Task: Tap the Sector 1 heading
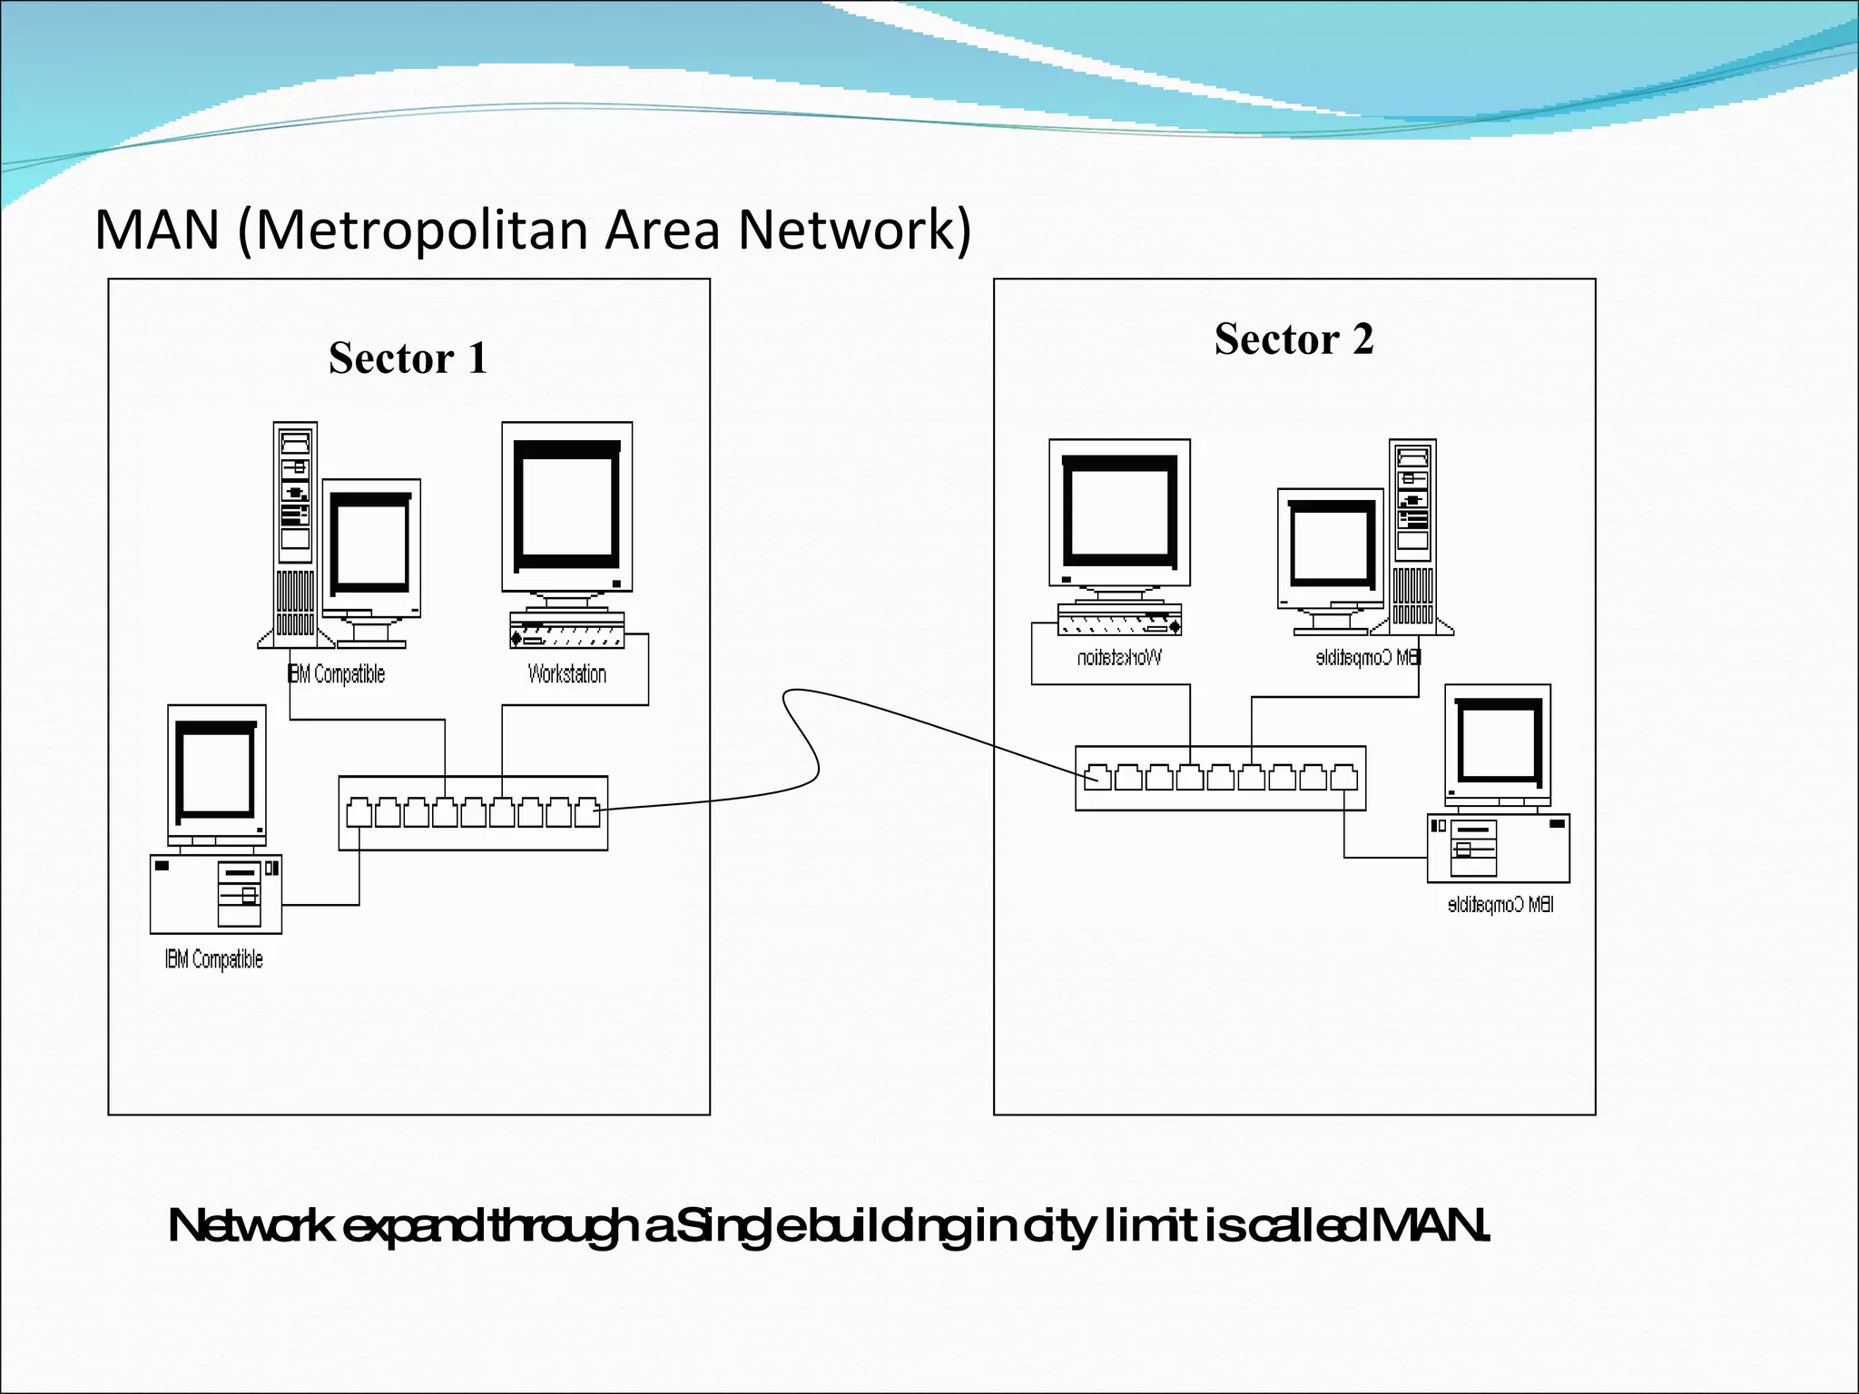pos(408,358)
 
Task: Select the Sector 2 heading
pos(1293,339)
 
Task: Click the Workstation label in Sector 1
pos(566,674)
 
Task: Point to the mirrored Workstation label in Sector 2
pos(1118,657)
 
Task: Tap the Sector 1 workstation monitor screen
pos(567,505)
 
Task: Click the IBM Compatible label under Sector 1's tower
pos(337,674)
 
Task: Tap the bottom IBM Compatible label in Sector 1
pos(214,960)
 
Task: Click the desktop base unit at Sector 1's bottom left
pos(216,894)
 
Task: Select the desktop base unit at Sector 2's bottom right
pos(1498,849)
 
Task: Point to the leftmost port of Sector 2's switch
pos(1097,778)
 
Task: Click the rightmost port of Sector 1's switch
pos(587,813)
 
